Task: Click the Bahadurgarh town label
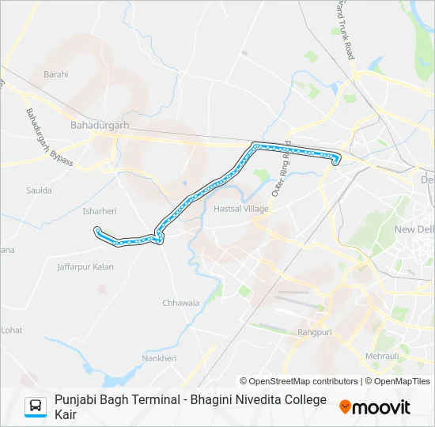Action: tap(98, 125)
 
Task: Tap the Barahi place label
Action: tap(56, 74)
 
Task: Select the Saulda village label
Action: tap(39, 191)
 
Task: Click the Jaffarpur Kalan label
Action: tap(85, 267)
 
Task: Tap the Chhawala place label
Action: tap(181, 303)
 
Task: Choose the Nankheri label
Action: tap(159, 358)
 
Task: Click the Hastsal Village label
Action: tap(241, 209)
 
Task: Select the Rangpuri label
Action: tap(315, 333)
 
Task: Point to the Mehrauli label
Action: tap(382, 357)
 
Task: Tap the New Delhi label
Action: tap(415, 229)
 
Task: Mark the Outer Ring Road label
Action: tap(282, 169)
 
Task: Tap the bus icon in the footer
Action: tap(36, 407)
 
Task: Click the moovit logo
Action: tap(375, 407)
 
